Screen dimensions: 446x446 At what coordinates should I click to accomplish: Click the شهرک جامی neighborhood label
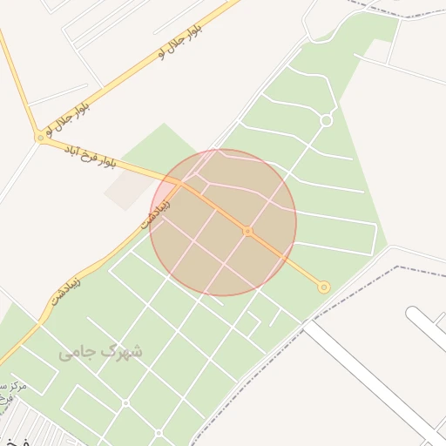pos(100,352)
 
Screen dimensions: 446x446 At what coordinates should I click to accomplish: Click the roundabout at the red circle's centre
pos(247,231)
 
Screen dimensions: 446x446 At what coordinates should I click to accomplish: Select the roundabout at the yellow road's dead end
pos(324,287)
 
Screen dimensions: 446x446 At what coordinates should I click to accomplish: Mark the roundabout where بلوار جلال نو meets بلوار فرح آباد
pos(39,138)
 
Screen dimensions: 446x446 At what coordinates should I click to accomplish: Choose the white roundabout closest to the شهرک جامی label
pos(125,403)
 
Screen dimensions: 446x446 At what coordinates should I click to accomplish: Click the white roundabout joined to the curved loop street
pos(326,120)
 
